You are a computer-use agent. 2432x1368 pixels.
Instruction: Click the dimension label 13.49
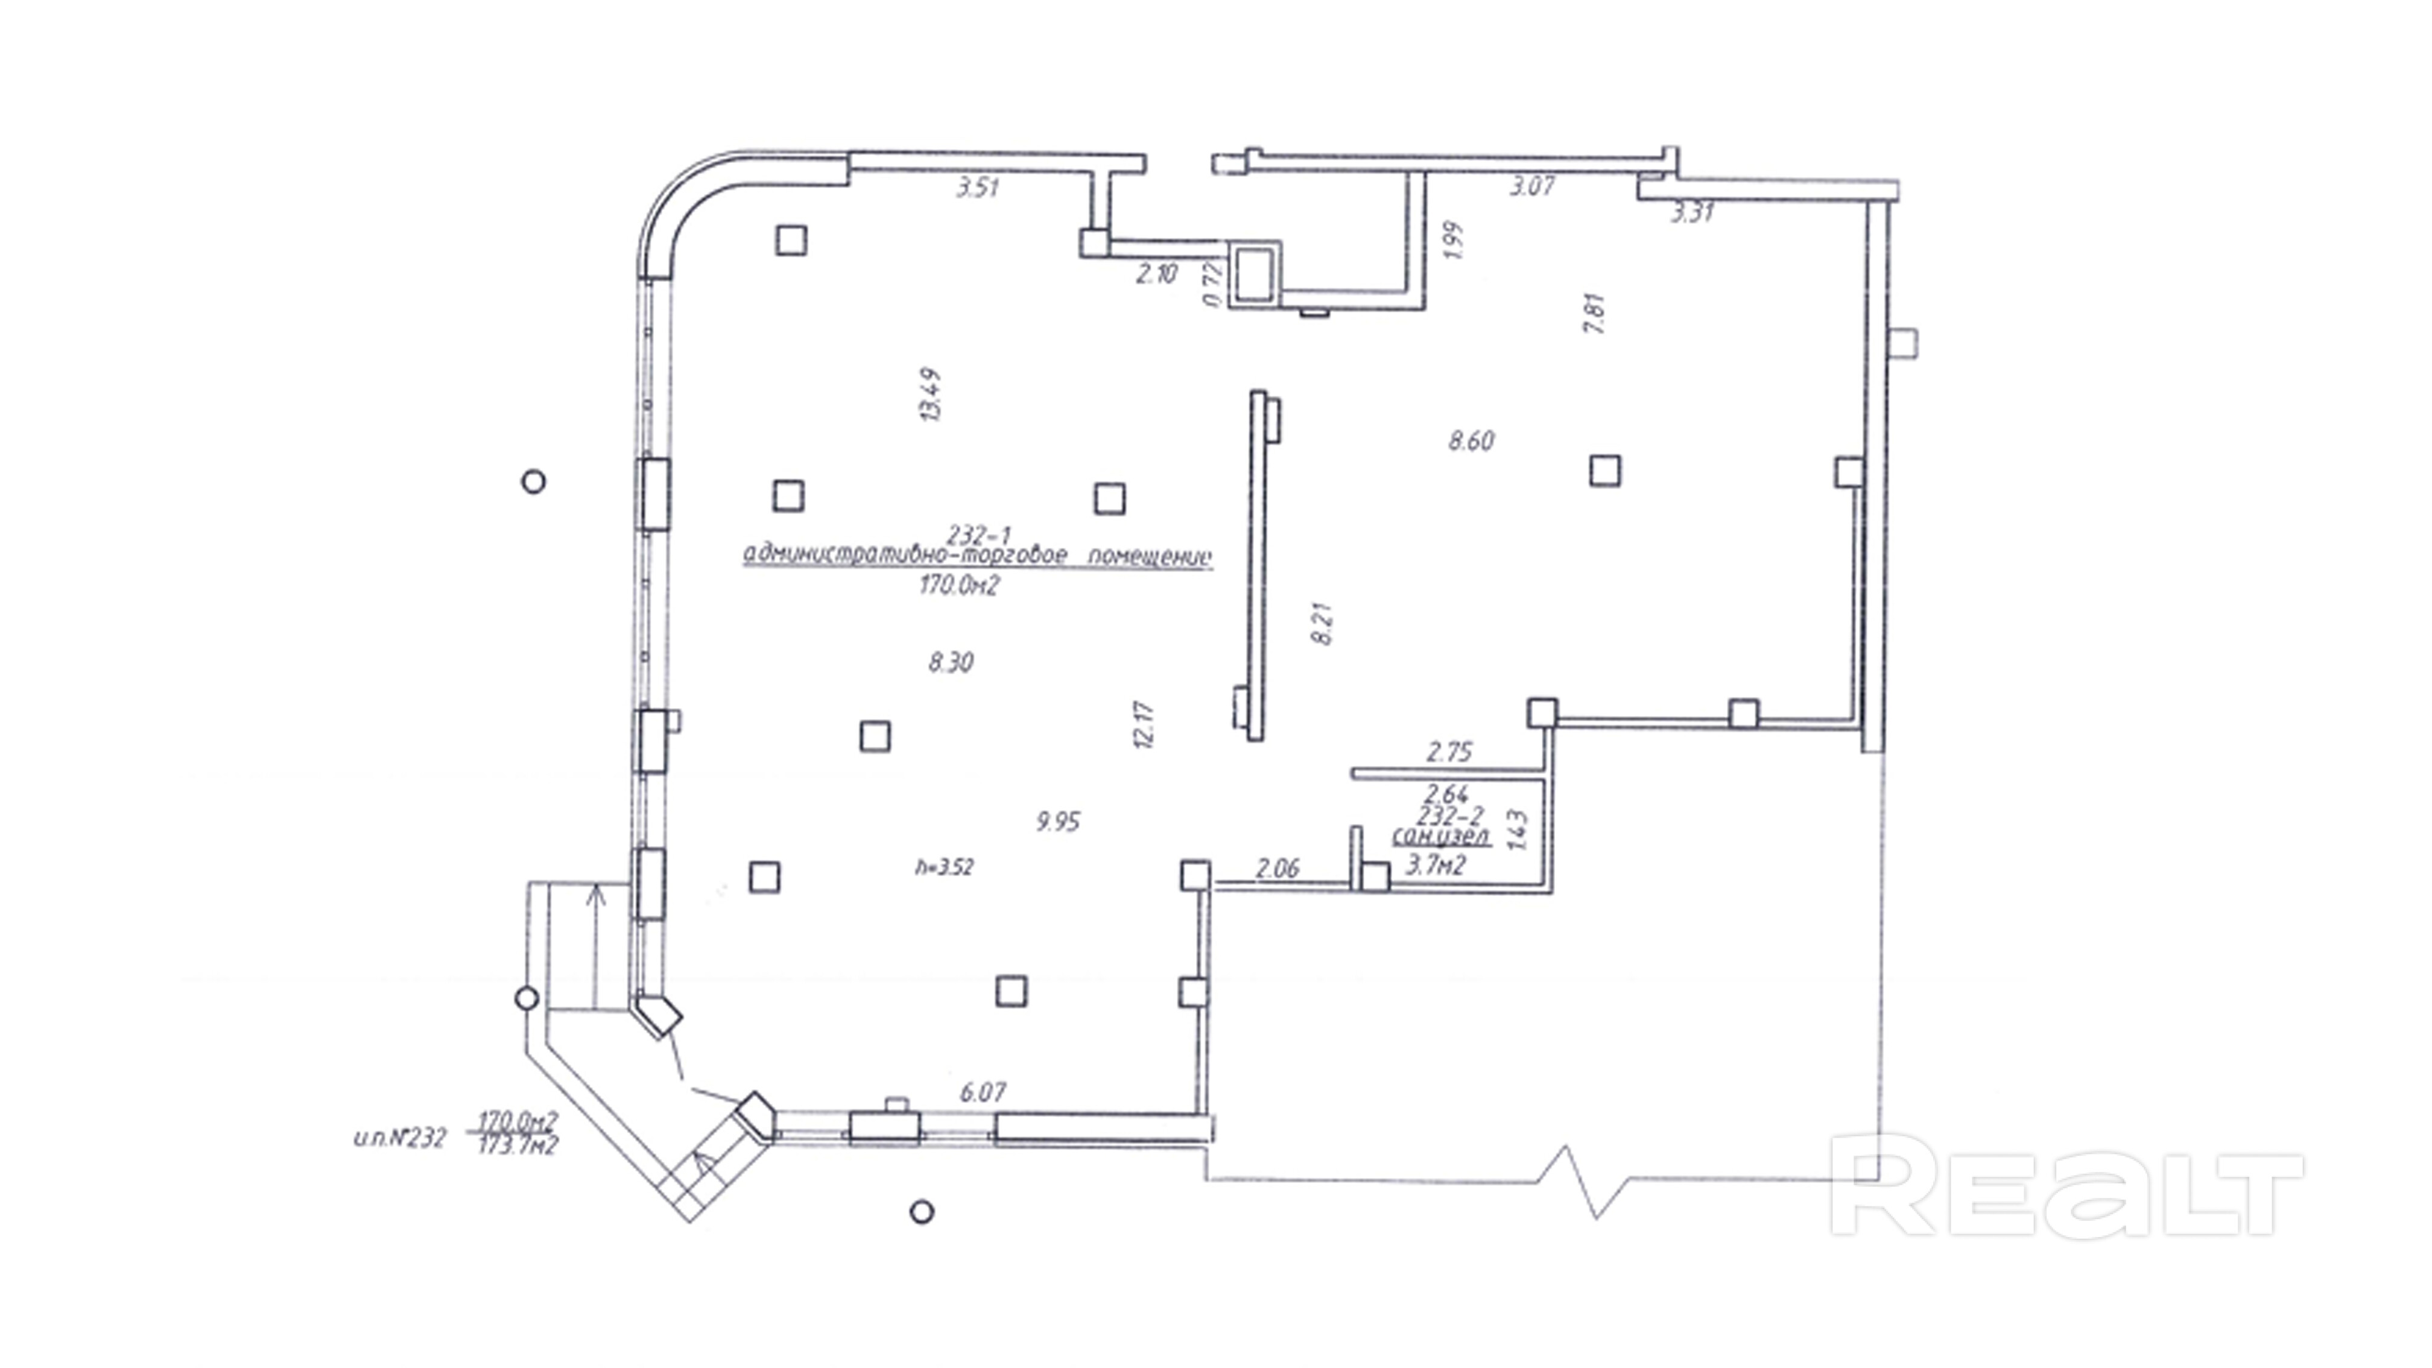(x=931, y=394)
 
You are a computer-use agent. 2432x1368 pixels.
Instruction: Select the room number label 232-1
(x=979, y=535)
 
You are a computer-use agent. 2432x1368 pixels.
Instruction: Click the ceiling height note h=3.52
(x=943, y=867)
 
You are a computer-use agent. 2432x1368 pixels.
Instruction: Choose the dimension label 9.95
(x=1057, y=822)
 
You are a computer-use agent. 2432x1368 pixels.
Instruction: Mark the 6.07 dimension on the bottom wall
(x=983, y=1092)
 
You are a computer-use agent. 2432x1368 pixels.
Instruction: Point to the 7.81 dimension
(x=1595, y=314)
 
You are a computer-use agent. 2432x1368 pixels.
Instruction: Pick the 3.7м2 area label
(x=1435, y=865)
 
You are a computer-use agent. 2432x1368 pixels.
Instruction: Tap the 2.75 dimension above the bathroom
(x=1449, y=752)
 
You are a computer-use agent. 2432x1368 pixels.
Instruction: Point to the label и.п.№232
(x=399, y=1139)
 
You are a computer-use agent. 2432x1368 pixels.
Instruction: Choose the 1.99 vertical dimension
(x=1453, y=241)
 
